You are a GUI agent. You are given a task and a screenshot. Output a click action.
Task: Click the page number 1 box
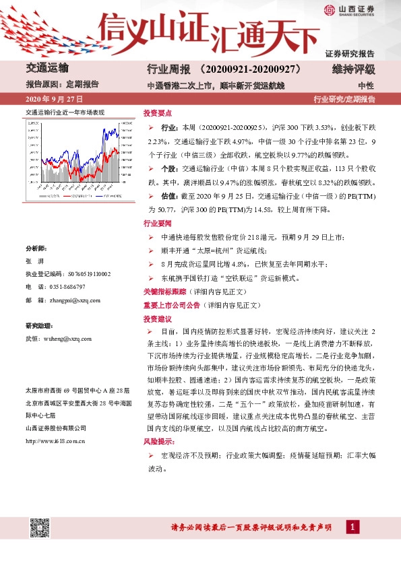352,526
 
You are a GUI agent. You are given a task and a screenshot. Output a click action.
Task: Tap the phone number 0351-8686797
67,287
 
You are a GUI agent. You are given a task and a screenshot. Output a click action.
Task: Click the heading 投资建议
155,319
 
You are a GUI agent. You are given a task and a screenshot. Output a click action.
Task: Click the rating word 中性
366,86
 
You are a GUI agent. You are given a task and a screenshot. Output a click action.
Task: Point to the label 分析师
36,248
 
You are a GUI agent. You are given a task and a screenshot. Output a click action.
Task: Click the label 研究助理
38,326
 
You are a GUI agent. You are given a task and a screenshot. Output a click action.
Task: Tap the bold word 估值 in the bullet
171,195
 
